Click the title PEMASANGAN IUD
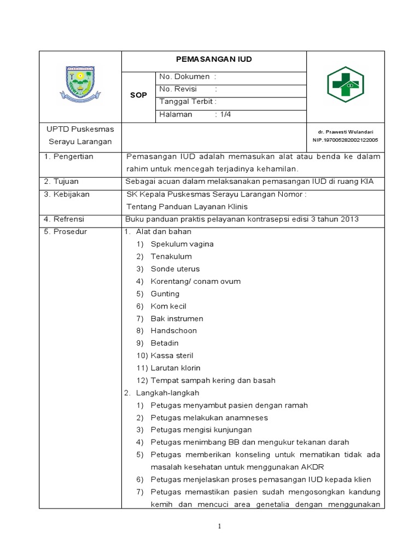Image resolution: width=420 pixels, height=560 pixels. click(x=213, y=60)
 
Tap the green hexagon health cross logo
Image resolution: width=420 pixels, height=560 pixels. click(x=346, y=85)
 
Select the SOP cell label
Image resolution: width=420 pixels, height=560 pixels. click(x=138, y=95)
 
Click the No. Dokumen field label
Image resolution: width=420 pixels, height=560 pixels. click(x=184, y=77)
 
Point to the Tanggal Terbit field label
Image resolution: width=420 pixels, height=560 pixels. click(x=188, y=102)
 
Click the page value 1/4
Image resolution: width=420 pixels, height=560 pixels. click(x=224, y=114)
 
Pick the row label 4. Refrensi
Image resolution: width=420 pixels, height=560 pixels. click(x=65, y=219)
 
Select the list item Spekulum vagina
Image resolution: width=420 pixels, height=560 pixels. click(x=182, y=244)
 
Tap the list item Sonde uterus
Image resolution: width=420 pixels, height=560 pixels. click(x=175, y=269)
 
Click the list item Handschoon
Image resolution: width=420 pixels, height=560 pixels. click(x=173, y=331)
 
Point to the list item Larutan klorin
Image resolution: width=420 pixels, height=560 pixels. click(x=175, y=368)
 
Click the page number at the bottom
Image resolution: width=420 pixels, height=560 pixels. click(x=219, y=527)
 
